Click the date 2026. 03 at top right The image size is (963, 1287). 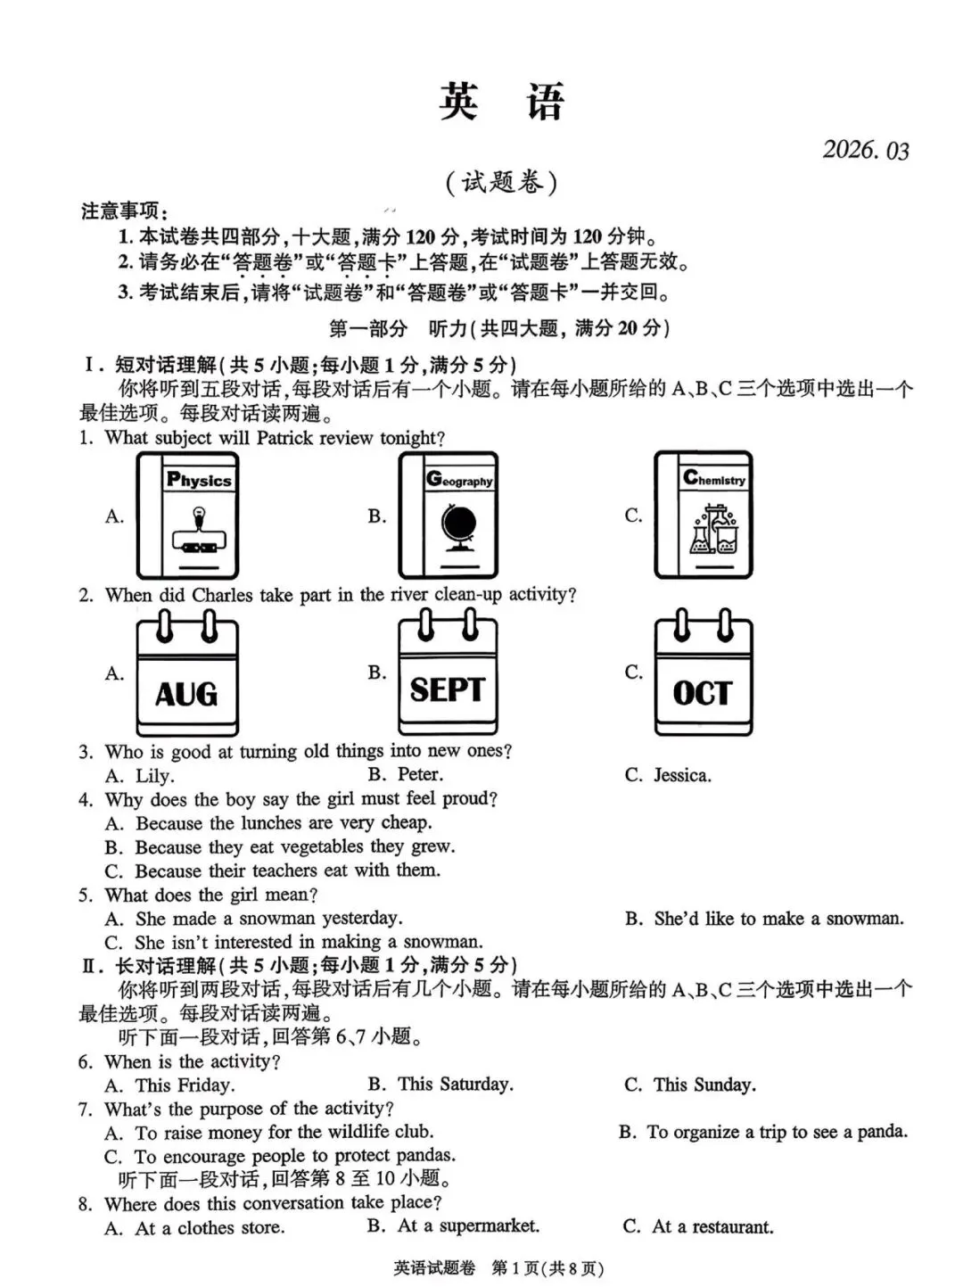865,150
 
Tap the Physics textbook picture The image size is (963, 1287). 187,516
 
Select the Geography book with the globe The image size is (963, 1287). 448,516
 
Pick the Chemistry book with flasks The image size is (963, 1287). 704,515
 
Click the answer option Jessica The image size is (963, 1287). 681,775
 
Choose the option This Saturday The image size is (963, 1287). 455,1085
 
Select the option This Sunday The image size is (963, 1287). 704,1085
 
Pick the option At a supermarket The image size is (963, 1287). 467,1226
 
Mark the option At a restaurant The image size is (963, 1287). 712,1226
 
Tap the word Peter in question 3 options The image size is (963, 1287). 419,774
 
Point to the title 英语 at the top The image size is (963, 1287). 501,102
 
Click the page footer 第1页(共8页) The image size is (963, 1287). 547,1267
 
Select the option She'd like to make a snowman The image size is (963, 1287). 778,919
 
